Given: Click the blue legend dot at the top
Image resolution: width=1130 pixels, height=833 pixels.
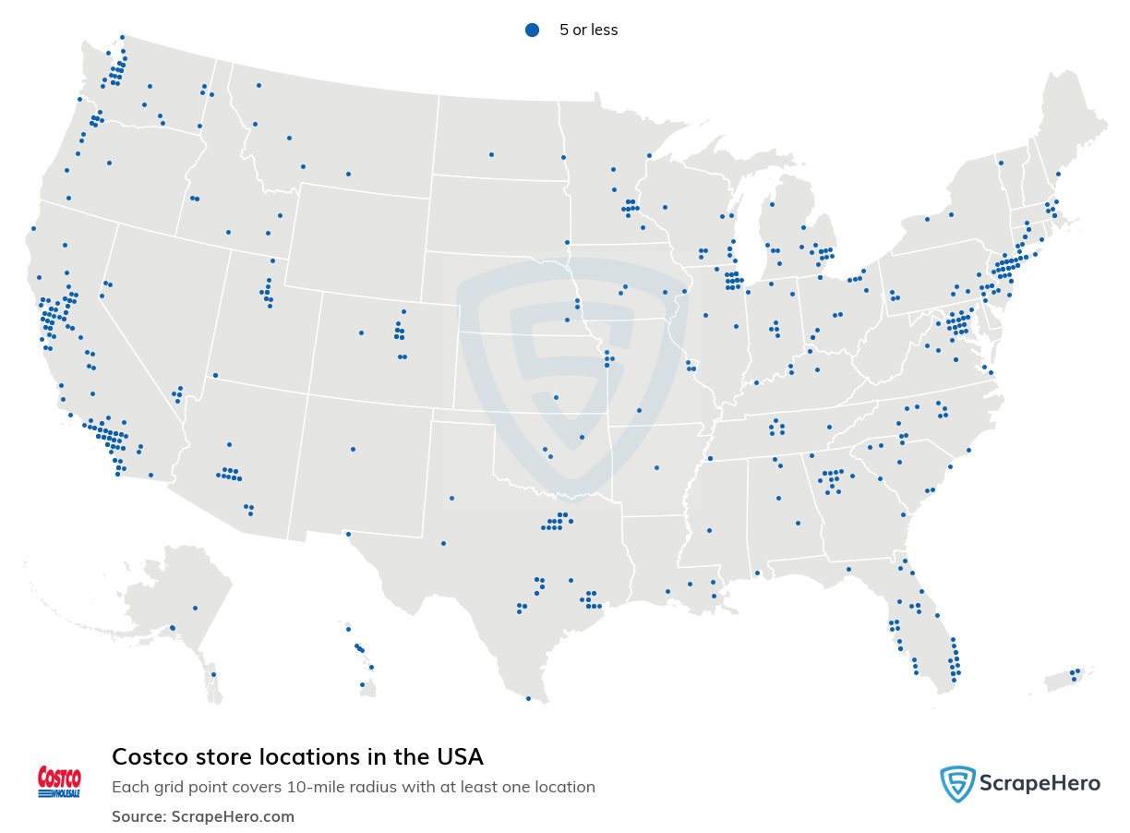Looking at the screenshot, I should (532, 30).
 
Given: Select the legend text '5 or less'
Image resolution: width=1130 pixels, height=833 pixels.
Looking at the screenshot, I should (588, 30).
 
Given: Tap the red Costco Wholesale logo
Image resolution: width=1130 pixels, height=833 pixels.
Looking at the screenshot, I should (59, 781).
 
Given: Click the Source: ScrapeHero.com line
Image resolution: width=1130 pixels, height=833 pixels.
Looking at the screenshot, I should (203, 816).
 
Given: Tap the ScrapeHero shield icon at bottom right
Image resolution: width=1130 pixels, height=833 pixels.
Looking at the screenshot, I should (957, 784).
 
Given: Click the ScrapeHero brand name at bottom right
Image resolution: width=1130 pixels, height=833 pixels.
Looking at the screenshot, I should (1040, 784).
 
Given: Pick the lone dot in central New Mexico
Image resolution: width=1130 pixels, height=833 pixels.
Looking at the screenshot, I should (353, 450).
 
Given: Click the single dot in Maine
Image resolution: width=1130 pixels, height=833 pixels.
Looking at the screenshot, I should (1058, 174).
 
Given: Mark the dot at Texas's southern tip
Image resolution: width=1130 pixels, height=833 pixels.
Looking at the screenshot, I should (528, 698).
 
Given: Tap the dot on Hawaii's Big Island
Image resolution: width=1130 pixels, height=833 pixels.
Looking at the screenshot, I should (362, 684).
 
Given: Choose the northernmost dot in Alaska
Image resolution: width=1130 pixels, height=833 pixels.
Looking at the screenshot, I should (195, 608).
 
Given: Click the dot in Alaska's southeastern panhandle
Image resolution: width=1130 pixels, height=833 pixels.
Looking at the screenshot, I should (213, 674).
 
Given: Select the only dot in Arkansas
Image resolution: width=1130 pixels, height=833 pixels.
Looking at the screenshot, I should (656, 467).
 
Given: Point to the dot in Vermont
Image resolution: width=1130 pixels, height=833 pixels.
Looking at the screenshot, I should (1000, 163).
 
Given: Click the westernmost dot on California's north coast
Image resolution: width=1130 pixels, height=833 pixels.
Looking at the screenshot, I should (33, 228).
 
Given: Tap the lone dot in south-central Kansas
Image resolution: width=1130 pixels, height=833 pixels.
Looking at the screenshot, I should (556, 397).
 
